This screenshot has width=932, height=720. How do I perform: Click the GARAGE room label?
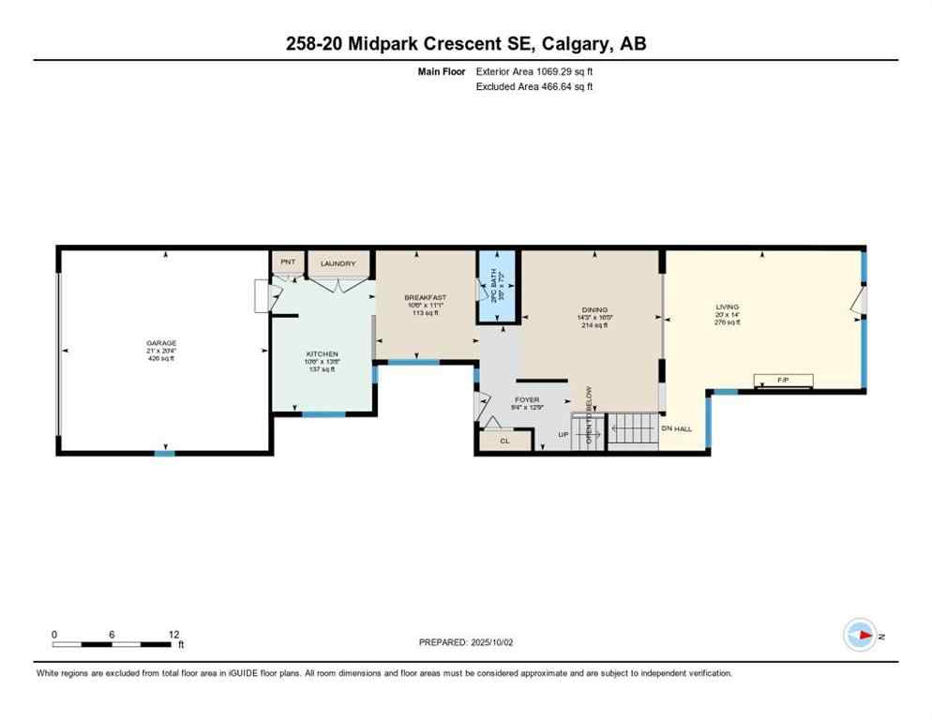click(x=161, y=343)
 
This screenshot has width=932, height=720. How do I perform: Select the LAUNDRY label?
click(x=338, y=263)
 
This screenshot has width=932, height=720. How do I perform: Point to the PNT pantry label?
click(x=287, y=262)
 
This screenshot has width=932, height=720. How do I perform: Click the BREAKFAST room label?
click(x=425, y=297)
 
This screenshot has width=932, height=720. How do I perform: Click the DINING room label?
click(x=594, y=310)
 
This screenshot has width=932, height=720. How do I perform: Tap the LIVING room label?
click(x=727, y=307)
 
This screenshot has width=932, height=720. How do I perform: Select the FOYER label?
click(x=527, y=399)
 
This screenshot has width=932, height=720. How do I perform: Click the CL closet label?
click(x=504, y=439)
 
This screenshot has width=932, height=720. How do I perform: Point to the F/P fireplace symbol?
click(x=784, y=380)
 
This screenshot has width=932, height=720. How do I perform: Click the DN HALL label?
click(x=676, y=428)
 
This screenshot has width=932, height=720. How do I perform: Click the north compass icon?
click(x=859, y=636)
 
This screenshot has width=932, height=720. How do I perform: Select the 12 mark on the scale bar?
click(x=173, y=635)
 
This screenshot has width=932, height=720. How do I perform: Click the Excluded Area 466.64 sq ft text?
click(x=534, y=86)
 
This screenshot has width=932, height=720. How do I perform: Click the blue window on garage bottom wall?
click(x=164, y=454)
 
